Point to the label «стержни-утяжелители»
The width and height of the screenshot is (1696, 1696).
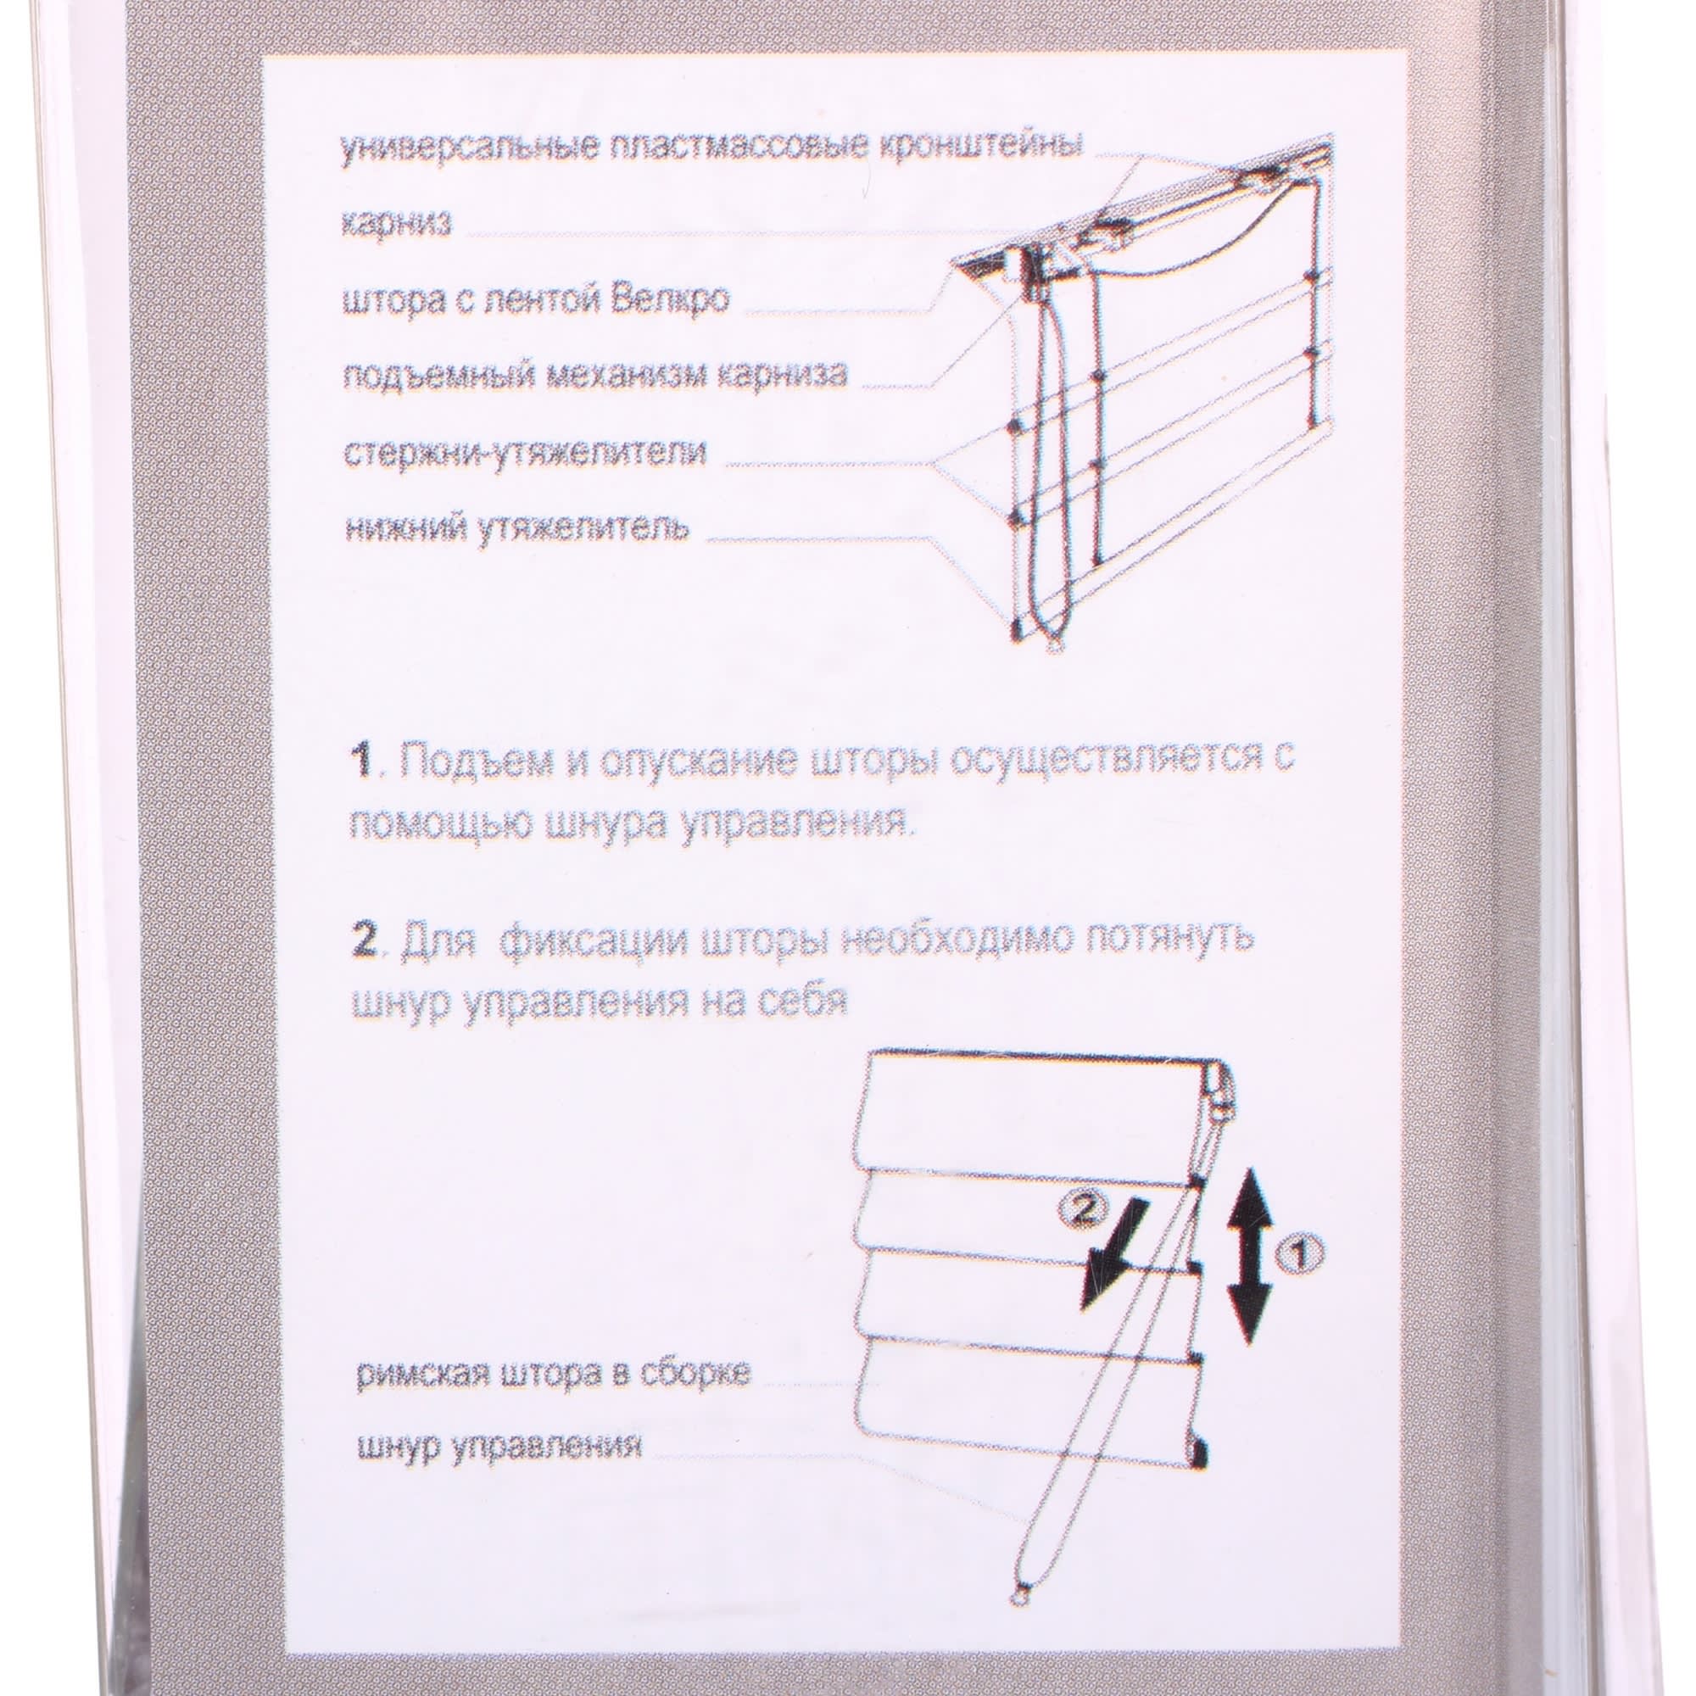pos(523,453)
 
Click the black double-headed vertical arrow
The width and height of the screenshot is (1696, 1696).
pos(1247,1269)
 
